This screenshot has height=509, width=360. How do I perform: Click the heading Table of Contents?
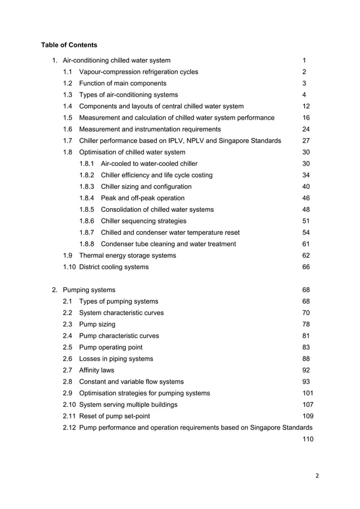tap(69, 45)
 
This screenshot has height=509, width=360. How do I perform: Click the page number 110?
tap(308, 438)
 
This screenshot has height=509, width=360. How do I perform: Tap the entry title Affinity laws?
tap(96, 370)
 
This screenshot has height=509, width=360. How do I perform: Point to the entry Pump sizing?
tap(97, 324)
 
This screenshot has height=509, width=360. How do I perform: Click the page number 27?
tap(306, 141)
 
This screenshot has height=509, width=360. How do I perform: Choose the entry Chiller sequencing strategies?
tap(143, 221)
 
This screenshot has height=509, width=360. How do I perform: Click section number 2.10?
tap(70, 405)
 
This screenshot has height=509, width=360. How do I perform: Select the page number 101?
tap(308, 393)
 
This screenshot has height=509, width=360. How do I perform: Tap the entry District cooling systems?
tap(114, 267)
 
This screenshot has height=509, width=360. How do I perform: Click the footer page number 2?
tap(317, 476)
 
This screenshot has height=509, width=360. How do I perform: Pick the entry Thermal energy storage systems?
tap(128, 256)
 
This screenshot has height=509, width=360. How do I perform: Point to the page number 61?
tap(306, 244)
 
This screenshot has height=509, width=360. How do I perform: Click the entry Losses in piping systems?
tap(116, 359)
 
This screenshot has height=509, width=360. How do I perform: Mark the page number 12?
tap(306, 106)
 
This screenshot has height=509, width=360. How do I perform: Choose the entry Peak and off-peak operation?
tap(142, 198)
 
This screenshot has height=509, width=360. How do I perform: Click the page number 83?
tap(306, 347)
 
